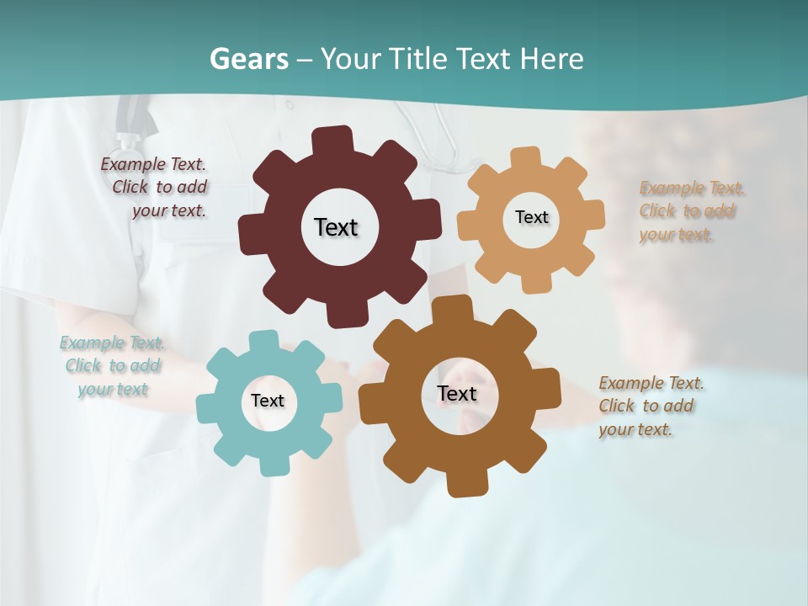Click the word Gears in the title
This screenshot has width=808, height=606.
click(x=249, y=59)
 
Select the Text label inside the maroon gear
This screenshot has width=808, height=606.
click(x=336, y=227)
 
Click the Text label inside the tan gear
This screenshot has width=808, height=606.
click(x=531, y=217)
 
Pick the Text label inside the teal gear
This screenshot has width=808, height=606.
click(x=268, y=401)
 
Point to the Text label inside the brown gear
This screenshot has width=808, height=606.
click(x=457, y=393)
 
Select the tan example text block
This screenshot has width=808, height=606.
click(x=688, y=211)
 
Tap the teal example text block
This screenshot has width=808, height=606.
click(x=112, y=366)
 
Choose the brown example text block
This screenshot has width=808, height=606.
click(x=648, y=407)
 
